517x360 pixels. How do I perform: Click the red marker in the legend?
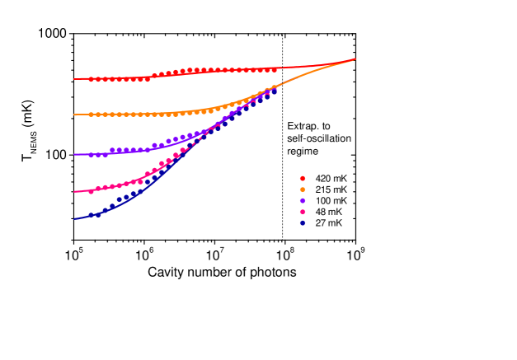303,178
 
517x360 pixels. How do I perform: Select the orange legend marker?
303,189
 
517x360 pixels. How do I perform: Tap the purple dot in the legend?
303,201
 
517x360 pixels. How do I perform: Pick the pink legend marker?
303,212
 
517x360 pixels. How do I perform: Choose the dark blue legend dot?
303,223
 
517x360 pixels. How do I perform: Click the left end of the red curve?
74,79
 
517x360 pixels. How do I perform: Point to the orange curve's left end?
74,115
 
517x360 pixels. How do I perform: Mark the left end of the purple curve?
74,155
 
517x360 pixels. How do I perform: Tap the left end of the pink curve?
74,192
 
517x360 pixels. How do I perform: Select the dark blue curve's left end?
74,219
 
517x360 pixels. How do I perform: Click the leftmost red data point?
91,79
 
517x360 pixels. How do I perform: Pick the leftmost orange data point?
91,115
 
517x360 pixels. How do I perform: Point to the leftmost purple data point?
91,155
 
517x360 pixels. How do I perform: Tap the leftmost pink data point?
91,190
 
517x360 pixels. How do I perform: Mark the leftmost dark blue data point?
91,215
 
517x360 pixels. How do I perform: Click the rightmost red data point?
274,70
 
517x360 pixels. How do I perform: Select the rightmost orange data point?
274,87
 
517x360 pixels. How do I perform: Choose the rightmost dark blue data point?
274,93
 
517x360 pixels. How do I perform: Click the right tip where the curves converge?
355,59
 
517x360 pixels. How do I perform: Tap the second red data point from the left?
98,79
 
